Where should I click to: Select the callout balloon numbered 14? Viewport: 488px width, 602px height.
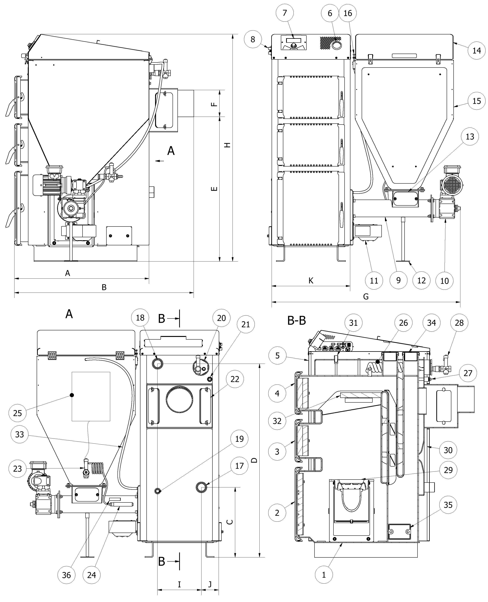click(477, 51)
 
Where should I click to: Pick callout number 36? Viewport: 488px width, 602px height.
click(66, 575)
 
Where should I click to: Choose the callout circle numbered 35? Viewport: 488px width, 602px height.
click(448, 505)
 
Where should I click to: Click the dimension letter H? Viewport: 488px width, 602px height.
click(227, 145)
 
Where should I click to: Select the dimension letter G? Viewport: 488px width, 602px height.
click(366, 296)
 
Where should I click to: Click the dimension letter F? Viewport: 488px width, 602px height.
click(214, 104)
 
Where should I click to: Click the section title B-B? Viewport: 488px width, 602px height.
click(297, 320)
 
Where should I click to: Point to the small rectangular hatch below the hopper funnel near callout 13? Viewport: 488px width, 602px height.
click(406, 199)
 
